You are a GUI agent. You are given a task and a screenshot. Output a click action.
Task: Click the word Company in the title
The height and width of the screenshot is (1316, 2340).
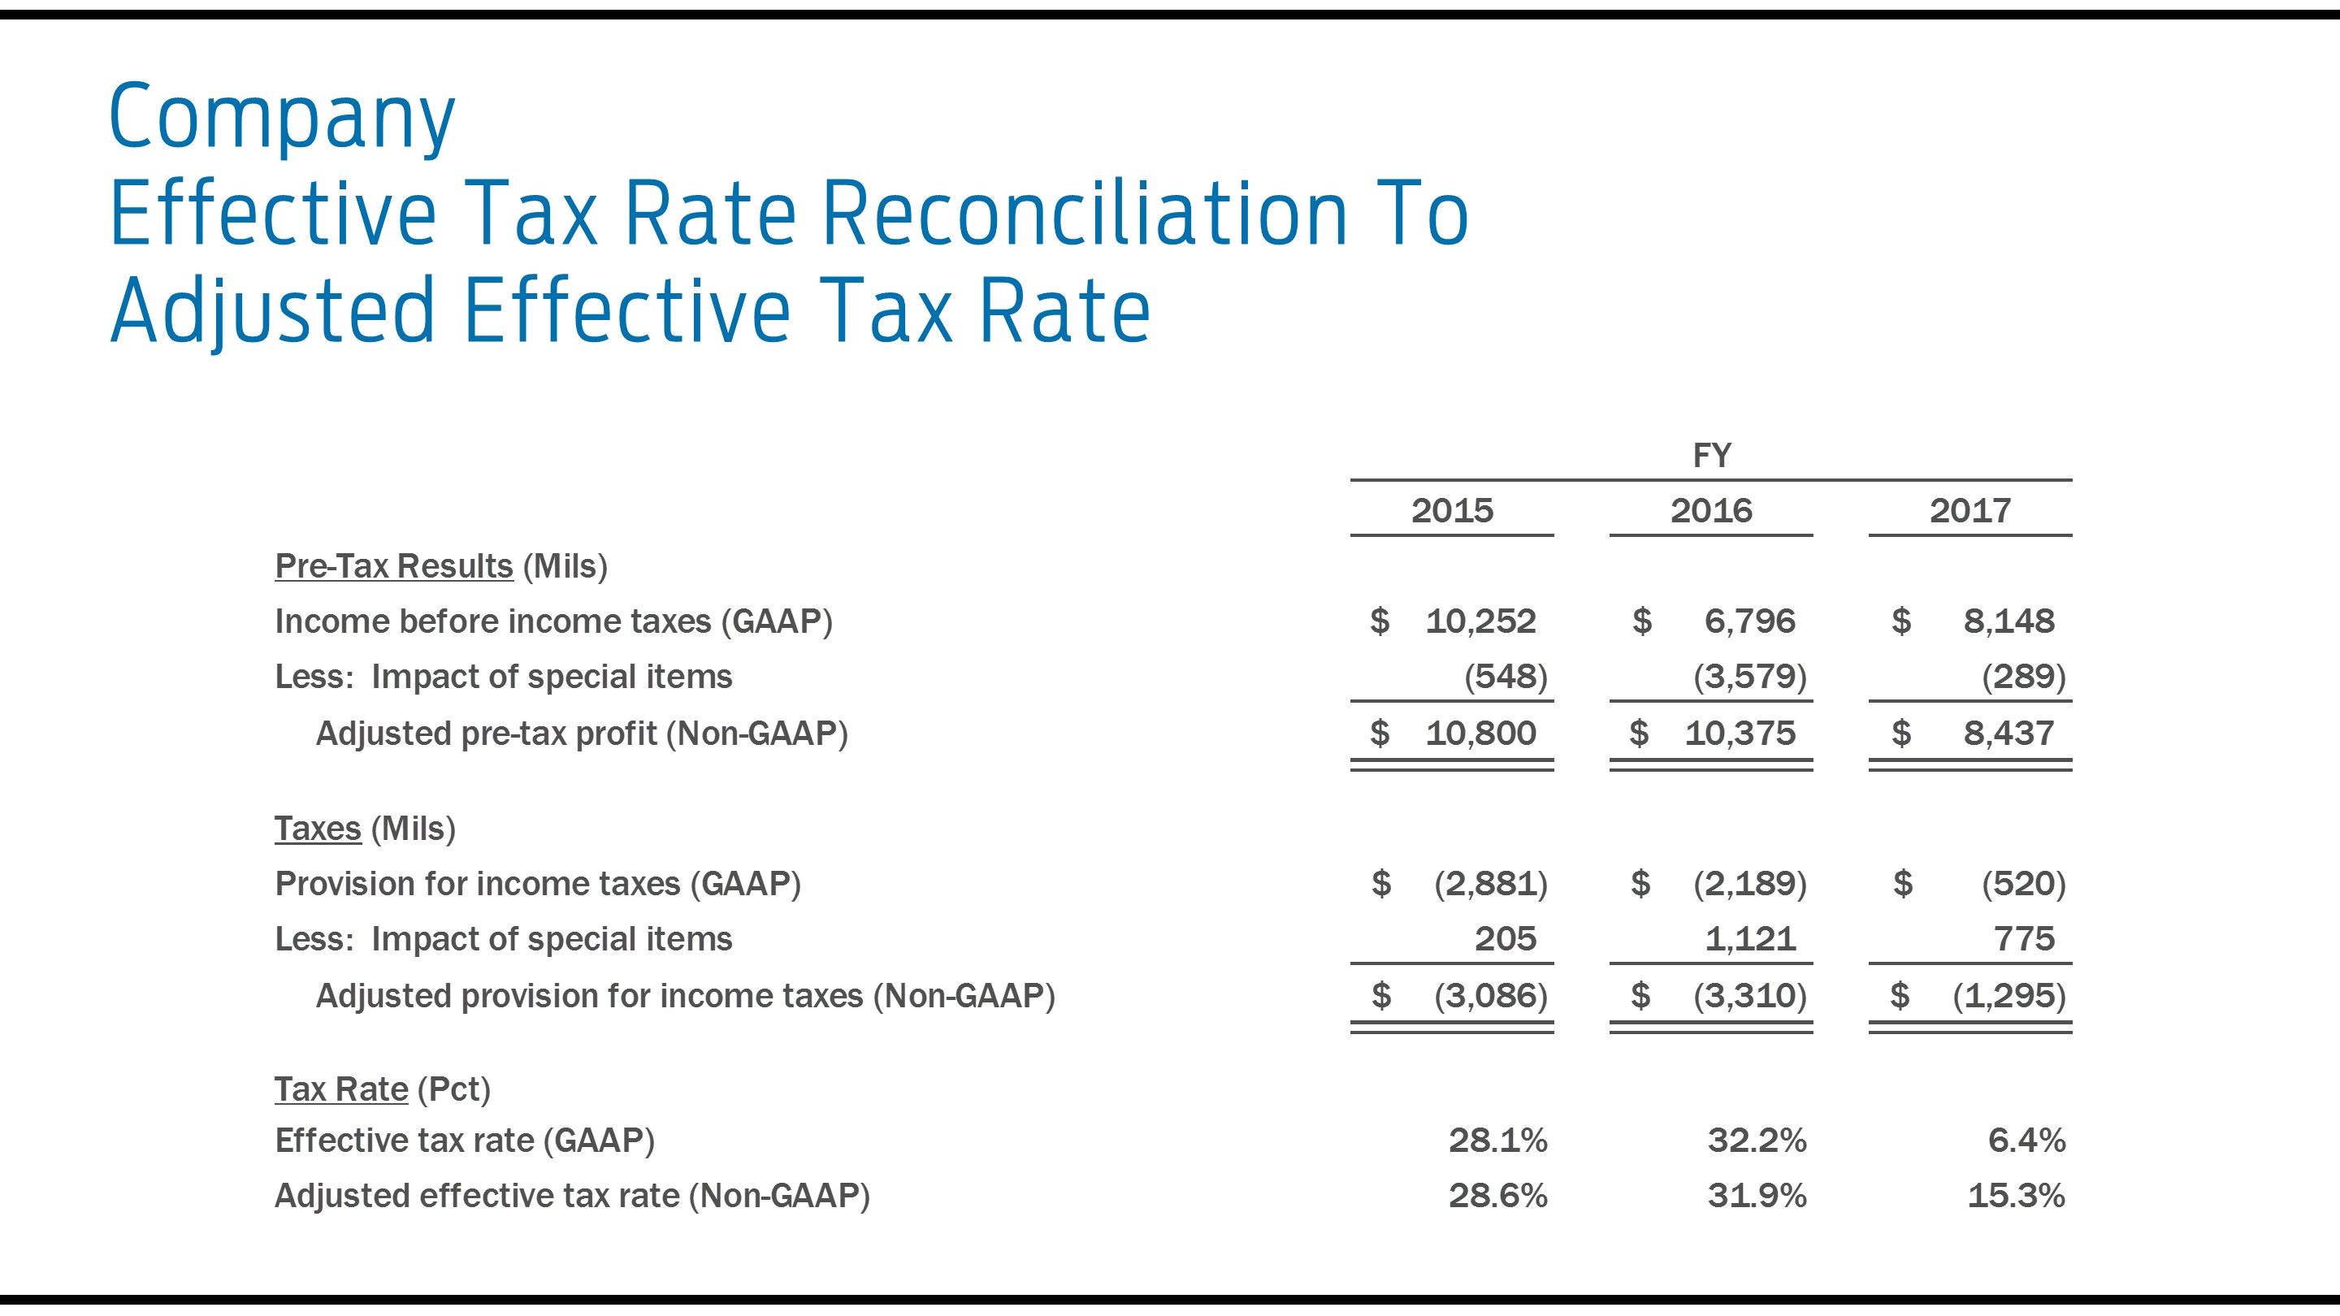282,118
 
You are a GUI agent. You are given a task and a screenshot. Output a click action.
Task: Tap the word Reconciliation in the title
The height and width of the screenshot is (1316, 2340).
1085,214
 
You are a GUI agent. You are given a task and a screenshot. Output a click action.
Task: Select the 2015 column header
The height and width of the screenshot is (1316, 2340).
1452,510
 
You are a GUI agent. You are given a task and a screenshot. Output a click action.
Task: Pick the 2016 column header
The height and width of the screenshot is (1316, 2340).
1710,510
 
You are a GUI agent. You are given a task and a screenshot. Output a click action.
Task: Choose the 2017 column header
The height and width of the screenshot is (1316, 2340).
1969,510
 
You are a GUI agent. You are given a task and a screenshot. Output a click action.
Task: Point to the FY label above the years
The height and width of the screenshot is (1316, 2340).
1711,455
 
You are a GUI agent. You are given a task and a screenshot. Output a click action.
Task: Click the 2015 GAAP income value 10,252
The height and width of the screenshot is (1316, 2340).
1480,621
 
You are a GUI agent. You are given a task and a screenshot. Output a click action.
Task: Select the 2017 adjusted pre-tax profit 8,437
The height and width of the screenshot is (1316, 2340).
2008,733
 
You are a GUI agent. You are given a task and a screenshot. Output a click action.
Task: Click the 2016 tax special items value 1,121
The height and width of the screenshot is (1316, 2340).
1749,938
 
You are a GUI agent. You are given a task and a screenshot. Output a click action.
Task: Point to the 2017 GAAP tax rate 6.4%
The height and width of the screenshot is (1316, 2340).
2026,1140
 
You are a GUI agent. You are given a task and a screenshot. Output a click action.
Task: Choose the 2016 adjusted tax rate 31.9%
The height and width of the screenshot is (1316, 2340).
1756,1195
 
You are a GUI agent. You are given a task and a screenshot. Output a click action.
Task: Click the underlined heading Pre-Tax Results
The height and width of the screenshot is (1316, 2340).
393,566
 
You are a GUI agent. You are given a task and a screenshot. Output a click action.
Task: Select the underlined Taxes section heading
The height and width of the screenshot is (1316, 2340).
318,829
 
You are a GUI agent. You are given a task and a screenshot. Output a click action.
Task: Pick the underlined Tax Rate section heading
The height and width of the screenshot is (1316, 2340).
340,1089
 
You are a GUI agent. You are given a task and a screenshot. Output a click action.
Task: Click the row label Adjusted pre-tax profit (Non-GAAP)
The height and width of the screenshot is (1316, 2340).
582,733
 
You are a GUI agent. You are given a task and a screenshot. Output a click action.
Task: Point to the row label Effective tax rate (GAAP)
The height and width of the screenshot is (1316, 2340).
464,1140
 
